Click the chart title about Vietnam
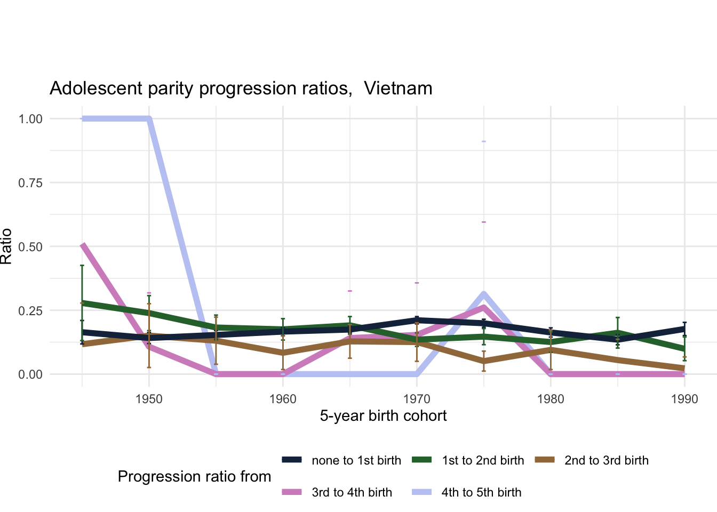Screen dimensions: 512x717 [x=241, y=88]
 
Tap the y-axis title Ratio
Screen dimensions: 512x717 [x=6, y=246]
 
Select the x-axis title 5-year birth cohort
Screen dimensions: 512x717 [x=383, y=416]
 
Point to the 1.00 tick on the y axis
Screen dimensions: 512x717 [x=30, y=119]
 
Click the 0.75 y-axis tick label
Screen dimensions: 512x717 [x=30, y=183]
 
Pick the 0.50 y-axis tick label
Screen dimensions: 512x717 [x=30, y=246]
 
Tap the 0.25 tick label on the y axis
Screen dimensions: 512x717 [x=30, y=310]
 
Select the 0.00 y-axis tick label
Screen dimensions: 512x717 [x=30, y=374]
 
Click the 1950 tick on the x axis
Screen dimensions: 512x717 [x=149, y=399]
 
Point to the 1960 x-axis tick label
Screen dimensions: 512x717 [x=283, y=399]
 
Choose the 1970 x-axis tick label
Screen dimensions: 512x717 [x=417, y=399]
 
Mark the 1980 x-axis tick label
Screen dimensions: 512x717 [x=551, y=399]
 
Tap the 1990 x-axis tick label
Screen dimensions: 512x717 [x=684, y=399]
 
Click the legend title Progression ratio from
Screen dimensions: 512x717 [x=194, y=476]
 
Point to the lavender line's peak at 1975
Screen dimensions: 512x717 [x=483, y=293]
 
